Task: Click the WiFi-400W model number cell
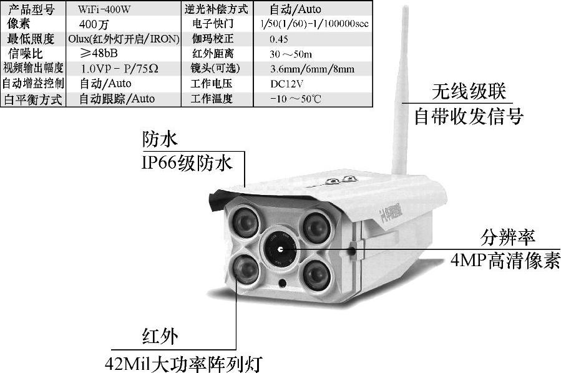[x=104, y=9]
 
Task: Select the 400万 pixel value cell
[x=94, y=24]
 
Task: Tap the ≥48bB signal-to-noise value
[x=99, y=53]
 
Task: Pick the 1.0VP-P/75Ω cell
[x=119, y=68]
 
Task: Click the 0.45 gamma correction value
[x=279, y=39]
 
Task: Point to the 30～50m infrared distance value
[x=291, y=54]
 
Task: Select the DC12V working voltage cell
[x=286, y=84]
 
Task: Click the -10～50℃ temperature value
[x=296, y=99]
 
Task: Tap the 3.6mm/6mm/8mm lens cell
[x=313, y=69]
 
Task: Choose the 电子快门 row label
[x=213, y=24]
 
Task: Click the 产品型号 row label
[x=31, y=9]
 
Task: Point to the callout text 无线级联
[x=469, y=92]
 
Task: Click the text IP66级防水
[x=187, y=164]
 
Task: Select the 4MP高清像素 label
[x=505, y=261]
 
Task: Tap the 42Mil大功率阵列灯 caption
[x=183, y=364]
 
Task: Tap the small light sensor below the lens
[x=282, y=283]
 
